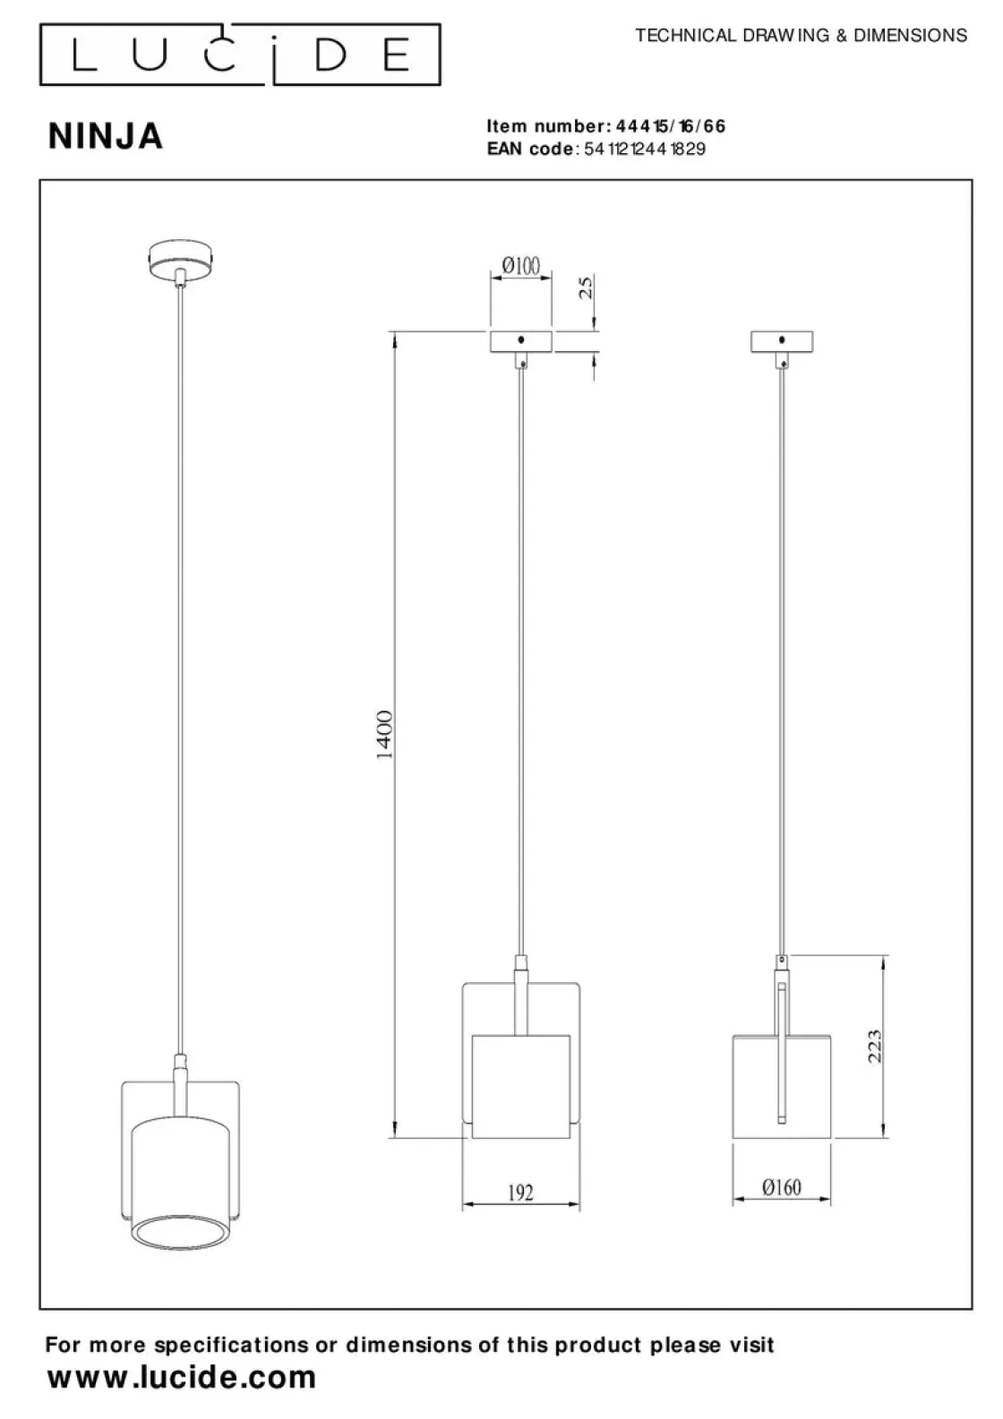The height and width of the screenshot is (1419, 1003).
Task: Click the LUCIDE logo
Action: click(240, 55)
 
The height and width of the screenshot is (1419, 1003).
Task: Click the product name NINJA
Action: click(106, 136)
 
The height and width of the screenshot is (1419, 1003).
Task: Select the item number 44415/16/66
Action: click(671, 126)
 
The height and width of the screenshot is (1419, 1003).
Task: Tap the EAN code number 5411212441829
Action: click(645, 149)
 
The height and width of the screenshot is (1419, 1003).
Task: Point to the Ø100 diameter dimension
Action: click(521, 265)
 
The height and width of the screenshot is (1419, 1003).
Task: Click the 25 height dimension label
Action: click(586, 287)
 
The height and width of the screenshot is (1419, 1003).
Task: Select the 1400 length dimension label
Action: click(384, 734)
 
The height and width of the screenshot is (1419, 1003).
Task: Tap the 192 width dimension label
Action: click(521, 1192)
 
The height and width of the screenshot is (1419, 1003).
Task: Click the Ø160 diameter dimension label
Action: click(782, 1186)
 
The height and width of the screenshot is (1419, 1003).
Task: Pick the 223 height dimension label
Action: click(874, 1046)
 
